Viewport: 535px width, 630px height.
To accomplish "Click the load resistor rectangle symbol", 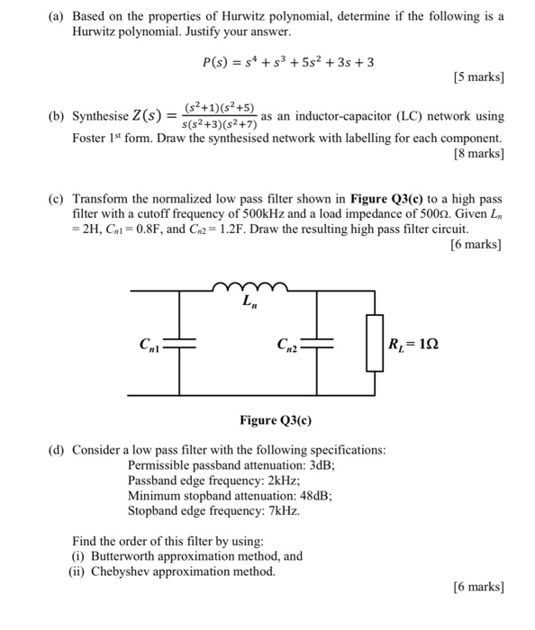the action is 371,343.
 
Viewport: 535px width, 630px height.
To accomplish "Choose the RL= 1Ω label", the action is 413,343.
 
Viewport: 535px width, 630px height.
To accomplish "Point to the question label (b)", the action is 55,118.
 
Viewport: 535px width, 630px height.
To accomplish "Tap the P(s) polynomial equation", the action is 288,62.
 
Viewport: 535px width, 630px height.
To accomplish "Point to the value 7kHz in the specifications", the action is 279,510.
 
